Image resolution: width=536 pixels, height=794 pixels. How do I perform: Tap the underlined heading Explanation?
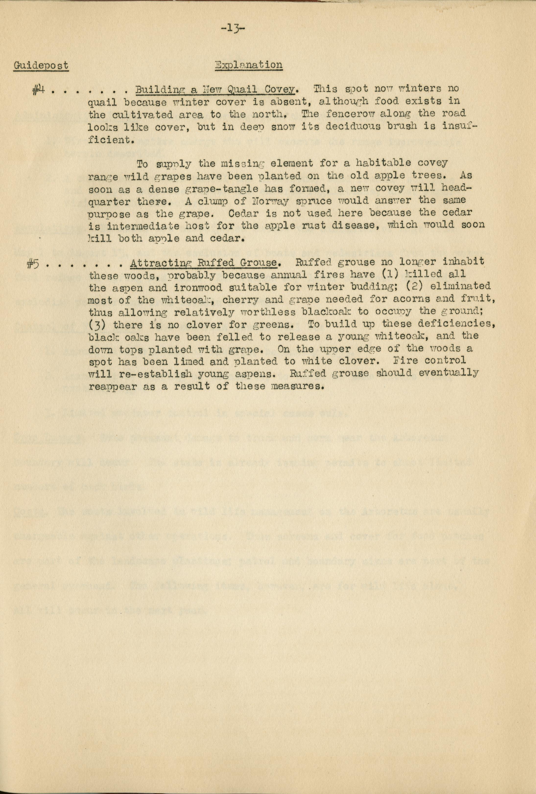point(248,65)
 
